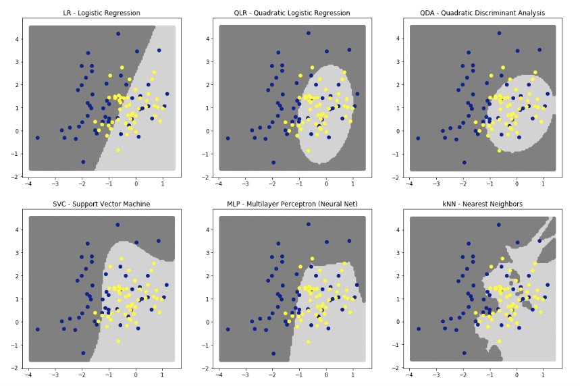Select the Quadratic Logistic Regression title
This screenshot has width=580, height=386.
(x=292, y=13)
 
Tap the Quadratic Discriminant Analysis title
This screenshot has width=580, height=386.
(x=483, y=13)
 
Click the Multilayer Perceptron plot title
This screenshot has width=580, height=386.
(x=292, y=204)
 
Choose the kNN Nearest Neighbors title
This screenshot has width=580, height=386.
(x=483, y=204)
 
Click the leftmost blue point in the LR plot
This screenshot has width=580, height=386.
(x=37, y=138)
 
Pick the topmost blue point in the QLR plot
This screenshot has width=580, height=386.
(x=309, y=33)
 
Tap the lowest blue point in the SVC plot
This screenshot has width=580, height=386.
(x=83, y=353)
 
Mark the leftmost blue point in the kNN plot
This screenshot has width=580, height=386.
(x=419, y=329)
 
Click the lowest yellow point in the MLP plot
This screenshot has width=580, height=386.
(x=309, y=341)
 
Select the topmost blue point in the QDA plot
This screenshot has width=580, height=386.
(x=500, y=33)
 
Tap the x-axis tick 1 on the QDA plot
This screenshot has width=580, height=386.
(x=544, y=184)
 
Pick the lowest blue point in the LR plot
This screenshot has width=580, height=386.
(x=83, y=162)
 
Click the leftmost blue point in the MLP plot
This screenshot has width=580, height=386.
(x=228, y=329)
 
